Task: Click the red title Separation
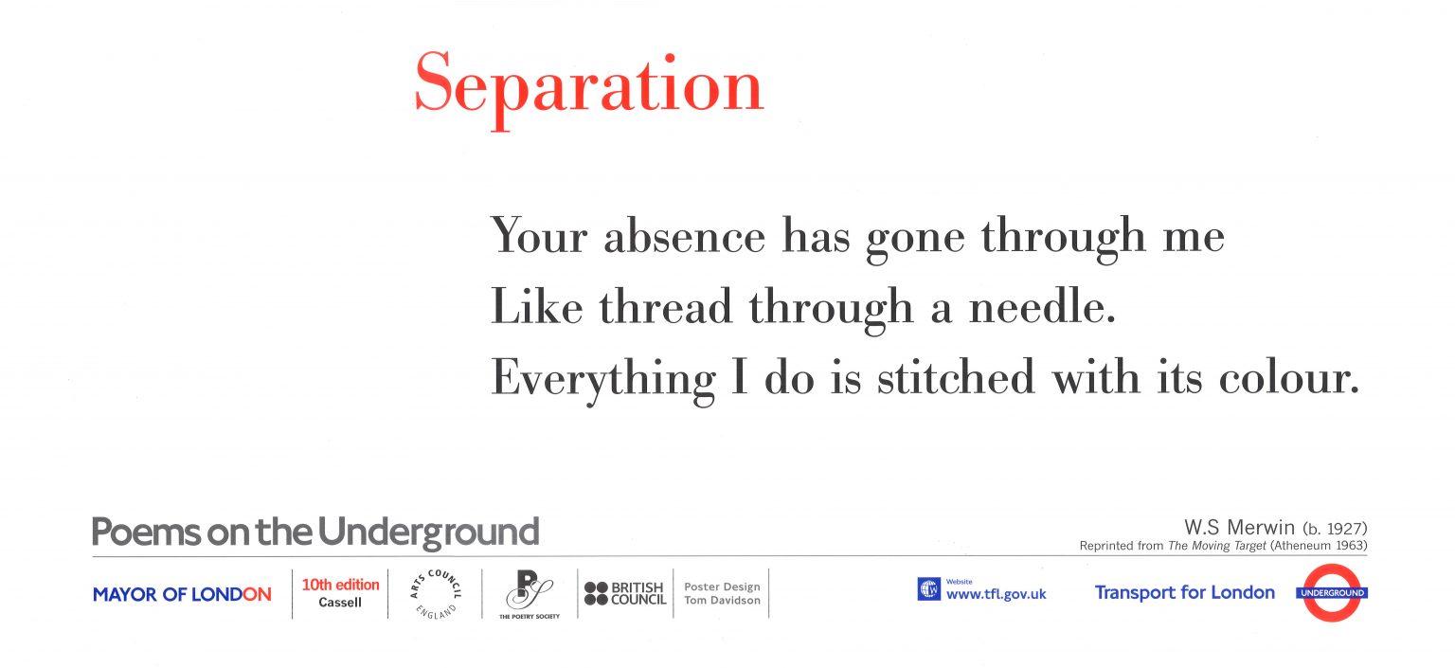tap(588, 85)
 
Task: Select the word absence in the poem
tap(684, 236)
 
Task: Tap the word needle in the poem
tap(1041, 307)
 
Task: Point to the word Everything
tap(603, 379)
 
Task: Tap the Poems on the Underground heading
tap(315, 533)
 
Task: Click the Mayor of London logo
tap(182, 595)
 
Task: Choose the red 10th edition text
tap(340, 585)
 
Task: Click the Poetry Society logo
tap(530, 593)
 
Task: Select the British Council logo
tap(624, 594)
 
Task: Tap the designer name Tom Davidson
tap(722, 601)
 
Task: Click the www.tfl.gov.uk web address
tap(996, 595)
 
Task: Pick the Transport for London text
tap(1184, 593)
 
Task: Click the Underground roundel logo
tap(1332, 593)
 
